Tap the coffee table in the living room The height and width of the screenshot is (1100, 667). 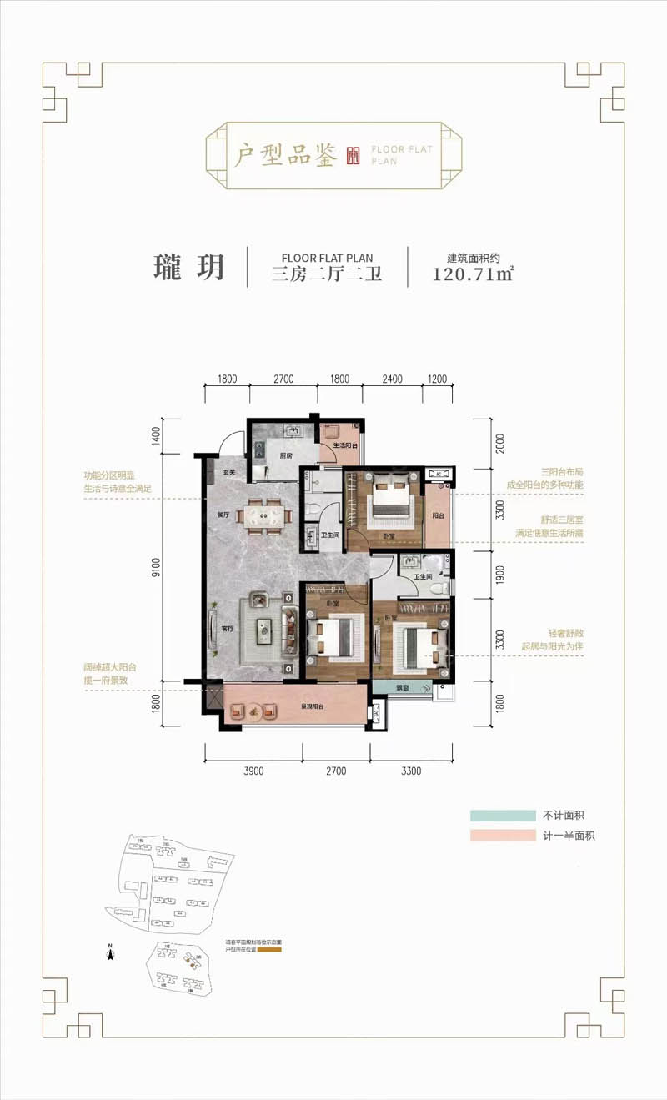[267, 630]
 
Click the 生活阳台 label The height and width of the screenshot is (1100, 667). [344, 445]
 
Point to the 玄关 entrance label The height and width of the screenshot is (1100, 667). [229, 473]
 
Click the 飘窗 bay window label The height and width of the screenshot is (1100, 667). [402, 688]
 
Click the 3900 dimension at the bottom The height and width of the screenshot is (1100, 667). [253, 771]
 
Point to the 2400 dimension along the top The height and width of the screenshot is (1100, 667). [393, 379]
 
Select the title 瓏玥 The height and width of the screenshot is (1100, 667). [188, 266]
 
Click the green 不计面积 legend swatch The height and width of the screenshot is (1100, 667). [502, 816]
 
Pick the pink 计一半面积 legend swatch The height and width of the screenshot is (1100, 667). [502, 835]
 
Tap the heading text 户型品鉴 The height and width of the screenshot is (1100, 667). [284, 155]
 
